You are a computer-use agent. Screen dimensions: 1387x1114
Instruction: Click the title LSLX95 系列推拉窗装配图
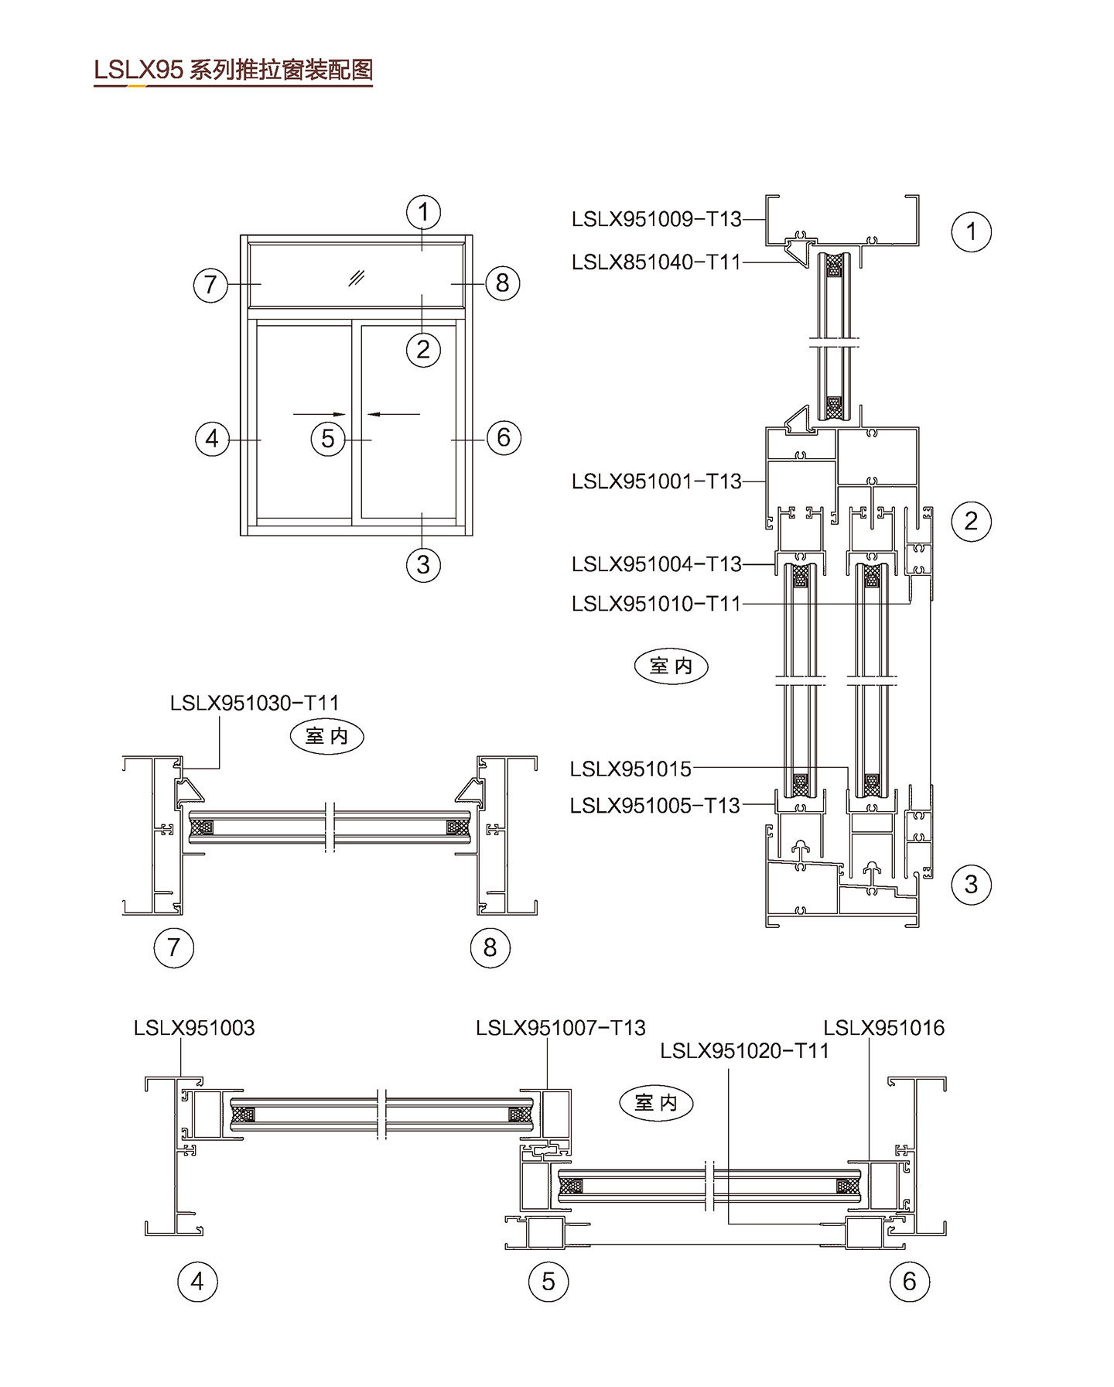[233, 70]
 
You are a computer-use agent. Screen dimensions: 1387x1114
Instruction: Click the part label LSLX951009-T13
[656, 219]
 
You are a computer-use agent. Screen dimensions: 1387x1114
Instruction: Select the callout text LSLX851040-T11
[656, 262]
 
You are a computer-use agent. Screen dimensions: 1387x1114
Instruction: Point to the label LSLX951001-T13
[656, 481]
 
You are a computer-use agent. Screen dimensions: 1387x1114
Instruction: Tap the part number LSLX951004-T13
[656, 564]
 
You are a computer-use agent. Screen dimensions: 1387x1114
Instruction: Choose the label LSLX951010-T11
[656, 603]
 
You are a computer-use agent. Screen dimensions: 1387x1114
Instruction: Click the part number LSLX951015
[630, 769]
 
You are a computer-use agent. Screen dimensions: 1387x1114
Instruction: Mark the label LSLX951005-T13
[654, 806]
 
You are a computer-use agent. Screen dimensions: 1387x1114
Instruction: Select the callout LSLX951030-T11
[255, 703]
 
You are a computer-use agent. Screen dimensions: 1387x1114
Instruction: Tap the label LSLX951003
[194, 1028]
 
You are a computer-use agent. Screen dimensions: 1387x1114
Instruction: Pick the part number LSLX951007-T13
[560, 1028]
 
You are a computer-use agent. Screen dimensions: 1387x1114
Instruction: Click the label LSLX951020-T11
[744, 1050]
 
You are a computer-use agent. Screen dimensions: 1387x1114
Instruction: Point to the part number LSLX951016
[883, 1028]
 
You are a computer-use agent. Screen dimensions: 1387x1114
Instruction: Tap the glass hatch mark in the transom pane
[357, 278]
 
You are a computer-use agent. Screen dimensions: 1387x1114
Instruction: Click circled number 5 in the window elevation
[328, 439]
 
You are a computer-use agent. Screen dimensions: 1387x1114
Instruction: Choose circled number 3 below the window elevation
[423, 564]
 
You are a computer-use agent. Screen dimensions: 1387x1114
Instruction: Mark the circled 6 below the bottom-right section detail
[909, 1281]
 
